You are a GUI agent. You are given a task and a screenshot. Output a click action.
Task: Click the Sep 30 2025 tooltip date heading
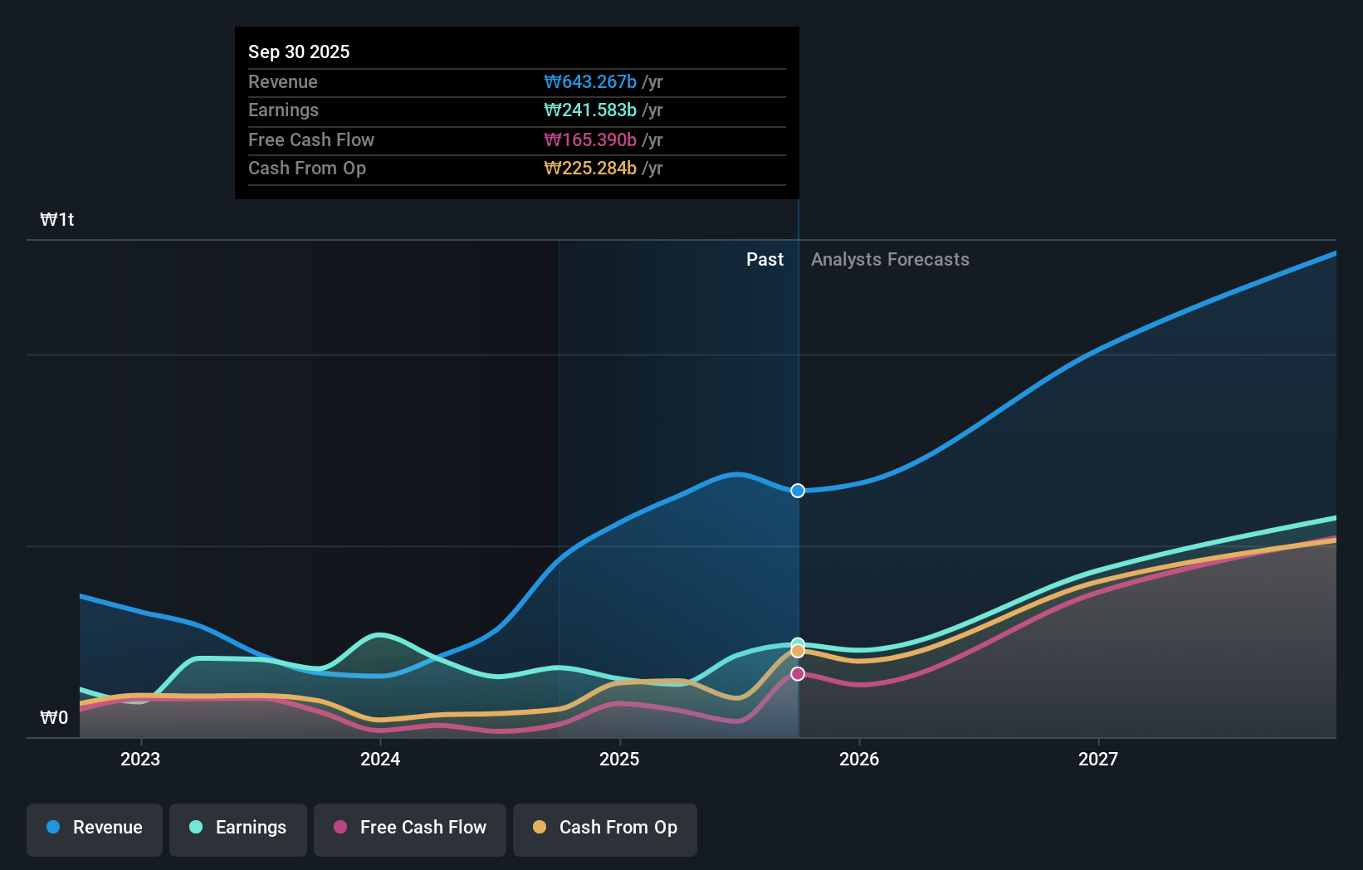point(299,51)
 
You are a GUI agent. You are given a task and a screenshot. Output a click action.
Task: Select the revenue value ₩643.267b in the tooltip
point(590,81)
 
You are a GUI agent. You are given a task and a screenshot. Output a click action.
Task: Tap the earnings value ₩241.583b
point(590,110)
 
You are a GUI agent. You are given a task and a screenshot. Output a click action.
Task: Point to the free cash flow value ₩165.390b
point(590,139)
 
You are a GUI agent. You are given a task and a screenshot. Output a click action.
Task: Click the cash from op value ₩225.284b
point(590,169)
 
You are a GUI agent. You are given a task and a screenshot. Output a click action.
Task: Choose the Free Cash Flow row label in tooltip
point(311,139)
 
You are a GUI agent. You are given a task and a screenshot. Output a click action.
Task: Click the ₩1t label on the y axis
point(57,220)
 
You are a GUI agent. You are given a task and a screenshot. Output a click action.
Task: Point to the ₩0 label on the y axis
point(54,718)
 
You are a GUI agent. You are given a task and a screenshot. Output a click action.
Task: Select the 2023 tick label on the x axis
point(140,759)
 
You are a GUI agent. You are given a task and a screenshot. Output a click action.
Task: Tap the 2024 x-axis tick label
point(380,759)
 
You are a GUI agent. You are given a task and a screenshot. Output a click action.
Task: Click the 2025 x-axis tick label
point(619,759)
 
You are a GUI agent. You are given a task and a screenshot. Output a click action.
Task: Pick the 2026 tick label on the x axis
point(859,759)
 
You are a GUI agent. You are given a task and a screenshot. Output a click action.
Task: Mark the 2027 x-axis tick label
point(1098,759)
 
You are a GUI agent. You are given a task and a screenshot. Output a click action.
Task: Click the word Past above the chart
point(765,260)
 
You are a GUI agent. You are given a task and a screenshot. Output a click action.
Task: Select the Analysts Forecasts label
point(890,260)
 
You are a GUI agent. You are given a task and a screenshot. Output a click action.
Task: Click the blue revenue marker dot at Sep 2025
point(798,491)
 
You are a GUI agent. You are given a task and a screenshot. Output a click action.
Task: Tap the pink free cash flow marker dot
point(798,674)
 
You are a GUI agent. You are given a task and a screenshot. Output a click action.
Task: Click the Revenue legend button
point(95,828)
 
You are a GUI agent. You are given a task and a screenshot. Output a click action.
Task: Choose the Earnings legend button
point(238,828)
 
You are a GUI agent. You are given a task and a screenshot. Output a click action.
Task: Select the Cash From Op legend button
point(605,828)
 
